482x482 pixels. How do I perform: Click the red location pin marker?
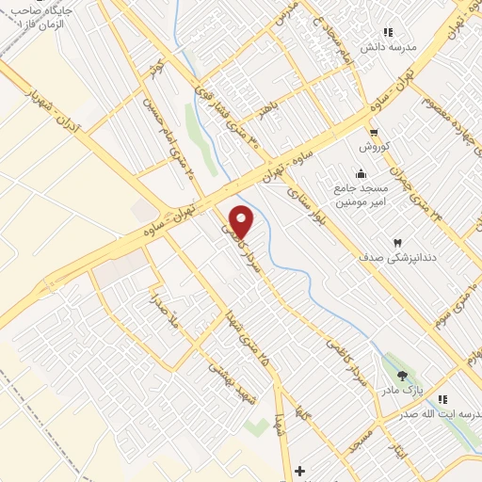[x=242, y=221]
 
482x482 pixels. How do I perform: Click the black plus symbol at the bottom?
[x=299, y=470]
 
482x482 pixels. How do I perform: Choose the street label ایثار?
[x=399, y=451]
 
